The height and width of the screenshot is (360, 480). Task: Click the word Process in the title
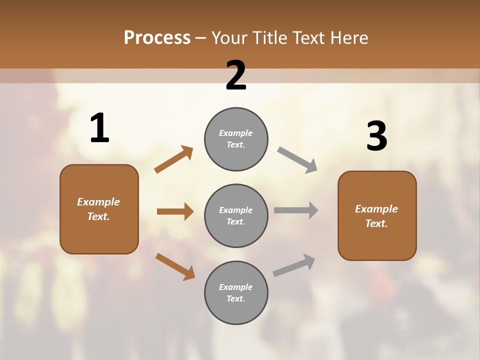pos(157,38)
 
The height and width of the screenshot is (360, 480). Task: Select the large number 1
pos(99,128)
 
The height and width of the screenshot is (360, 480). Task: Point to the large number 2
pos(236,75)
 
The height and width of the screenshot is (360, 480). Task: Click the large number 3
pos(376,136)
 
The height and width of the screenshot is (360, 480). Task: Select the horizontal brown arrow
pos(175,211)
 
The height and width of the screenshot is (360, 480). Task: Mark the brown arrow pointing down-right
pos(175,266)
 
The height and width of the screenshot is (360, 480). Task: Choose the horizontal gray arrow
pos(296,210)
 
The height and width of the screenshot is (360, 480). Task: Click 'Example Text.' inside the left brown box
pos(98,209)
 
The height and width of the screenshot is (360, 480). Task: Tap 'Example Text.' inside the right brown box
pos(376,216)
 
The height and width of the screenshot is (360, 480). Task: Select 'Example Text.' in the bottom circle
pos(236,292)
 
